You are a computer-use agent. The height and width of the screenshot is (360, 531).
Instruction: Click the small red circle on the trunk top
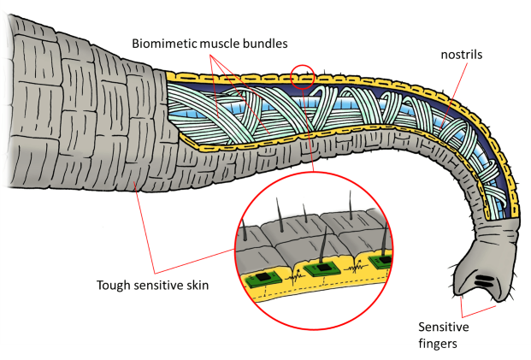[303, 77]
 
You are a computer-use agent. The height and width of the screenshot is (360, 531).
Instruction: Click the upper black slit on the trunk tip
[482, 278]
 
